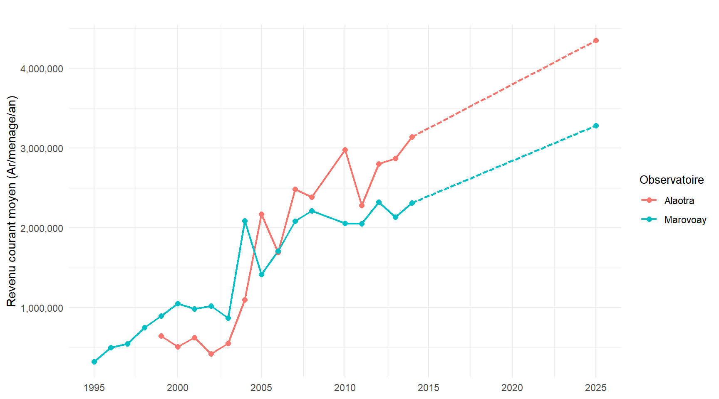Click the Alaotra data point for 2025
(596, 40)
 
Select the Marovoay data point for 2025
(596, 126)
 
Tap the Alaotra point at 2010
(345, 150)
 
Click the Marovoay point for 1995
(94, 362)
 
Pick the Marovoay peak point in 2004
(245, 221)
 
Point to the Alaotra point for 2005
(261, 214)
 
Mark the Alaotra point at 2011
(362, 205)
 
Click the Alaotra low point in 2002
(211, 354)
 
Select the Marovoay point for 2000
(178, 303)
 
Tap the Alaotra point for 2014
(412, 137)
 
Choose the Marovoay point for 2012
(379, 202)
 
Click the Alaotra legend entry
(679, 201)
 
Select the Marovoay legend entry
(685, 220)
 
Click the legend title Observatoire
(672, 180)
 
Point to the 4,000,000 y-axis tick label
(42, 69)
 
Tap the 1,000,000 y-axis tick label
(42, 308)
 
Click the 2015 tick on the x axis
(429, 388)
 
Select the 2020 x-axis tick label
(512, 388)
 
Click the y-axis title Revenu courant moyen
(12, 201)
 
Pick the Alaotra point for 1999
(161, 336)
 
